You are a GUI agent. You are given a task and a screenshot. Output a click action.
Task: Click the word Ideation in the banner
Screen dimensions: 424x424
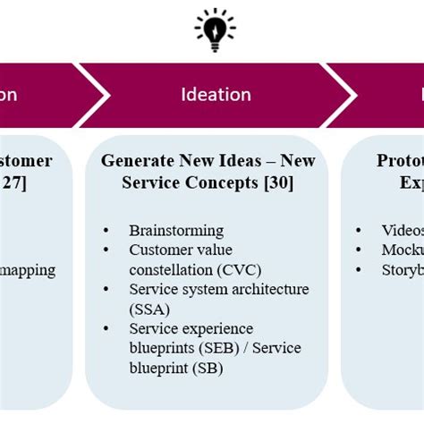pos(216,95)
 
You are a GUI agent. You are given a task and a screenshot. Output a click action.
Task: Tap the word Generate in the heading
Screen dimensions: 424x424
pos(135,161)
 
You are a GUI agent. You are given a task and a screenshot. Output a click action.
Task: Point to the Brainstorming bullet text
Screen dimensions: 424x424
pos(176,230)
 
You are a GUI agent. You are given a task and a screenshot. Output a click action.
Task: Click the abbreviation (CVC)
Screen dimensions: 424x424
pos(231,269)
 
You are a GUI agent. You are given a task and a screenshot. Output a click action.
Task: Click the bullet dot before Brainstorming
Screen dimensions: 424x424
pos(106,231)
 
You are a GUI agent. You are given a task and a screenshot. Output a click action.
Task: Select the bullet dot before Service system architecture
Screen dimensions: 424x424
pos(106,290)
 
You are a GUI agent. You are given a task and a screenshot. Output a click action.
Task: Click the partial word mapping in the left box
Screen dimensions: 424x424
pos(29,269)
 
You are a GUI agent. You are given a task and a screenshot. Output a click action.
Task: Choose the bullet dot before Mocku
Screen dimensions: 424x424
pos(360,250)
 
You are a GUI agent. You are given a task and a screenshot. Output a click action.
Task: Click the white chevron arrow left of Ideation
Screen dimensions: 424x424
pos(96,94)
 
